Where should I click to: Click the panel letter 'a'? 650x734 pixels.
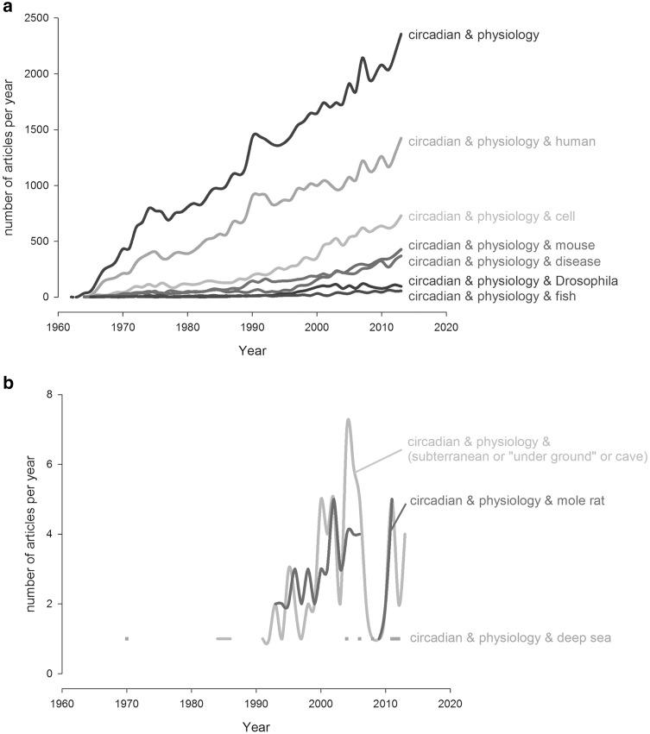pyautogui.click(x=7, y=8)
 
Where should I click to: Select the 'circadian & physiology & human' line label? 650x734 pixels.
pyautogui.click(x=502, y=141)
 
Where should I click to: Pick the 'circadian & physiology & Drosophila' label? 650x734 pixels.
pyautogui.click(x=512, y=281)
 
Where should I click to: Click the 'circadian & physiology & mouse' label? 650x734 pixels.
pyautogui.click(x=502, y=245)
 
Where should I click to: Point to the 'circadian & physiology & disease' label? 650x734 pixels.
pyautogui.click(x=504, y=260)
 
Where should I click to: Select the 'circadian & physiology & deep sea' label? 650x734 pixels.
pyautogui.click(x=510, y=638)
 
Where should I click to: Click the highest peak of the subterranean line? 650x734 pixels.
pyautogui.click(x=348, y=420)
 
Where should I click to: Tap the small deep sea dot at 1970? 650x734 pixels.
pyautogui.click(x=127, y=638)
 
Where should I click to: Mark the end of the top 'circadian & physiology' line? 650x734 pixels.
pyautogui.click(x=401, y=35)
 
